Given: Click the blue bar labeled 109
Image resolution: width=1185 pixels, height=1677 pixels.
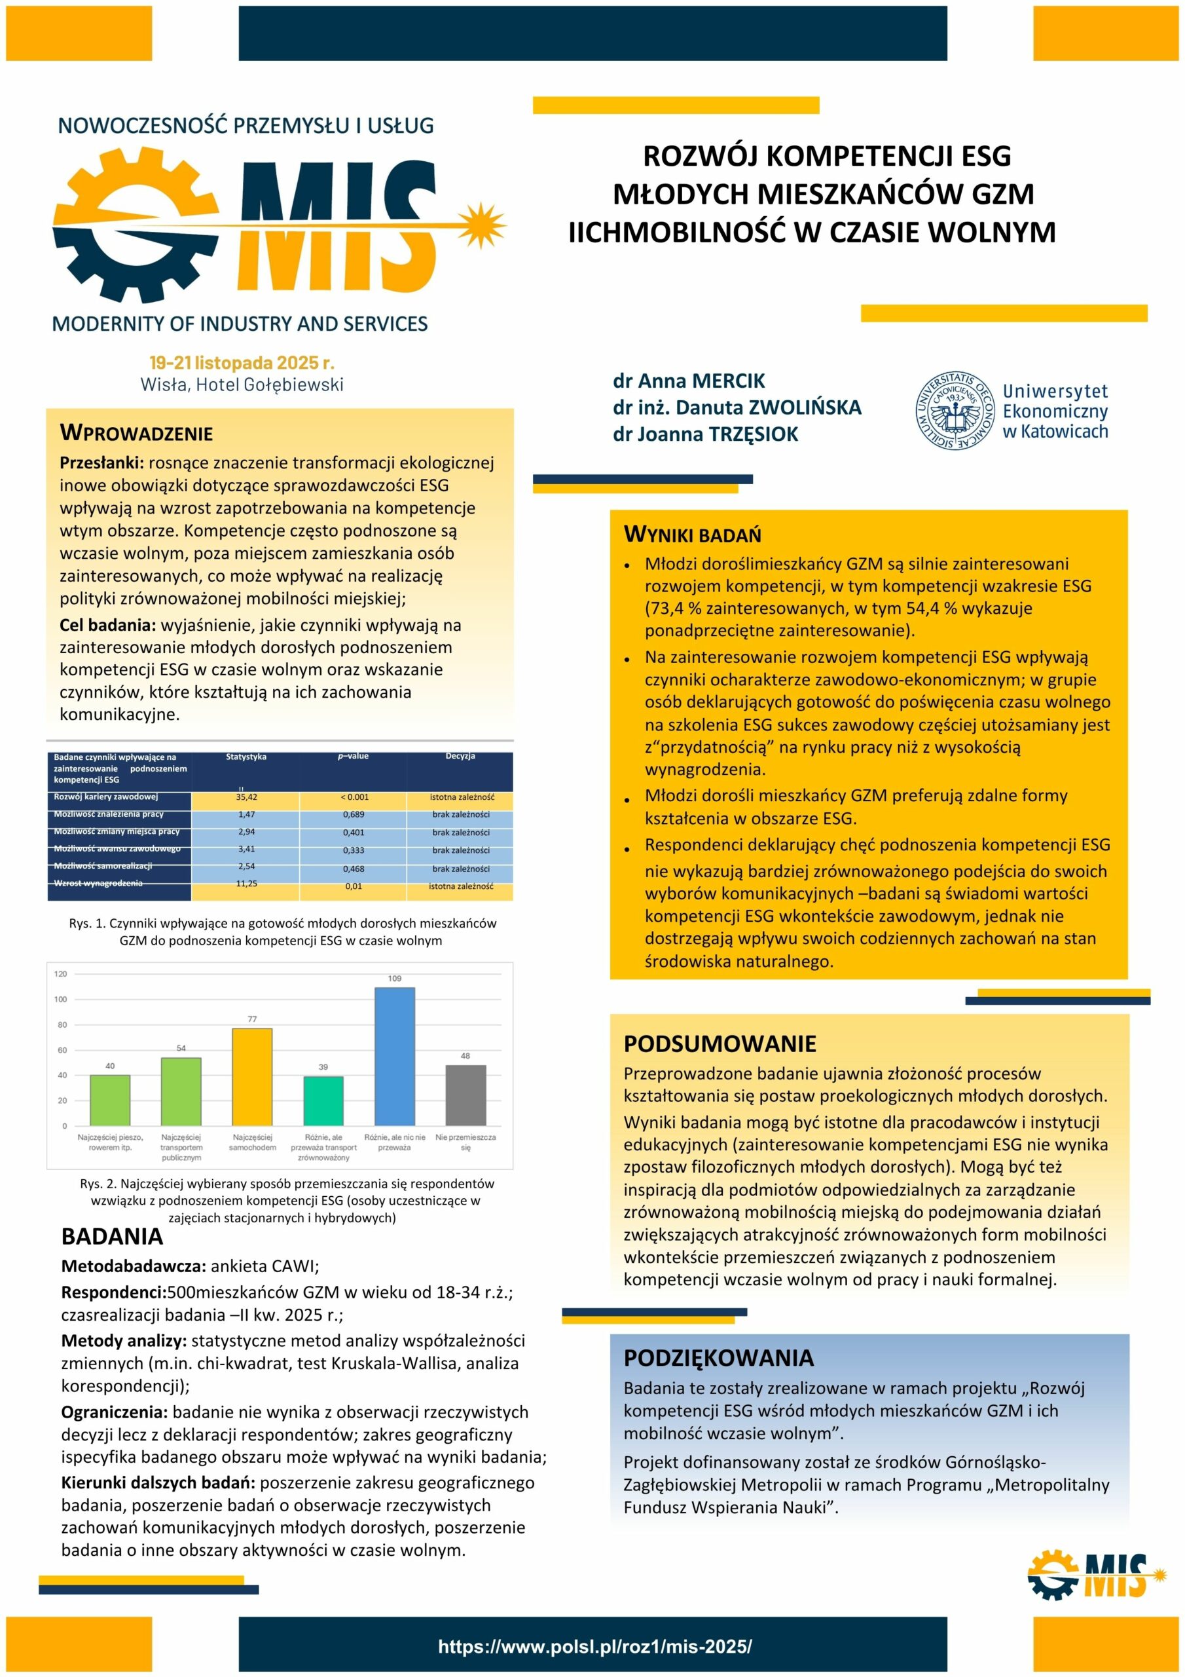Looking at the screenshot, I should coord(394,1055).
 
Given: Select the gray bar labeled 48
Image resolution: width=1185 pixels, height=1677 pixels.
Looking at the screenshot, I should coord(465,1094).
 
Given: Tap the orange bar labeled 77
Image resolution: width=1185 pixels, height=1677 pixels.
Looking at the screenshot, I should coord(252,1076).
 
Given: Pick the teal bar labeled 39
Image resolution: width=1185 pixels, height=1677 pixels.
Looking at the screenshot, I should coord(323,1100).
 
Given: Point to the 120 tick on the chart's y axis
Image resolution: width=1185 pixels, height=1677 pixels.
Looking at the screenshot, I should coord(61,973).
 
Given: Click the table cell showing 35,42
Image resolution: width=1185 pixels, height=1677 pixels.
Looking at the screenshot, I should coord(246,797).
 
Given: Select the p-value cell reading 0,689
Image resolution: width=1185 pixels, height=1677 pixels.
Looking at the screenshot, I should coord(354,814).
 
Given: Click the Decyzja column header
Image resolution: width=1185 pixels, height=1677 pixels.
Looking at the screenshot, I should coord(460,757).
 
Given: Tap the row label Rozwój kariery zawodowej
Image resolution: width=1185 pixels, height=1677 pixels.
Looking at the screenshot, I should coord(106,797).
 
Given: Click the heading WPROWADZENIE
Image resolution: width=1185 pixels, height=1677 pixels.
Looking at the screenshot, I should coord(137,433).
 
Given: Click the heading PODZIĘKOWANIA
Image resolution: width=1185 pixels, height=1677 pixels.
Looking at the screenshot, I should coord(718,1358).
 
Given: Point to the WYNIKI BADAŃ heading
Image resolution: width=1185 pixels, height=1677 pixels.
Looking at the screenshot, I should coord(692,535).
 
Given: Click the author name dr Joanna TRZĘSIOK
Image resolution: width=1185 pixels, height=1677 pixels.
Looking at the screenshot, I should coord(705,434).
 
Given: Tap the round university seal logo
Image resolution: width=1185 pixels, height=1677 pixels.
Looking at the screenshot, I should coord(955,410).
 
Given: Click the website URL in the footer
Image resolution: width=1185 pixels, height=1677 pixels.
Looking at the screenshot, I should coord(594,1646).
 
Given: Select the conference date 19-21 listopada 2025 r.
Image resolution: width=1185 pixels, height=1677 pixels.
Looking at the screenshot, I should coord(242,363).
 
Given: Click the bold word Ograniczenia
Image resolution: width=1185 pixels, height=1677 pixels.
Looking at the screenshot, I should coord(114,1412).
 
